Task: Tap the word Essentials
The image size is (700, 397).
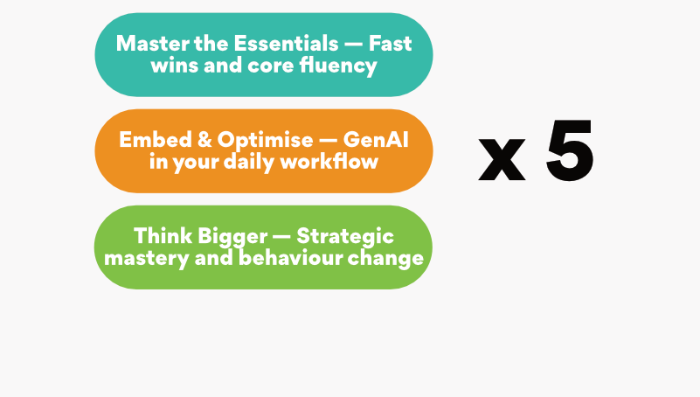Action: tap(286, 44)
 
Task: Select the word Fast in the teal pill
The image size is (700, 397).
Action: tap(390, 44)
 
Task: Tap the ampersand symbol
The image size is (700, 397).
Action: tap(204, 140)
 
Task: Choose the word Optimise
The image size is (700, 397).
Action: tap(265, 141)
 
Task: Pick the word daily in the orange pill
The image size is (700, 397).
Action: tap(249, 162)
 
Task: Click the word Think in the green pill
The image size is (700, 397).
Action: tap(162, 236)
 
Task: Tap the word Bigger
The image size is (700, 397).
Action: tap(232, 237)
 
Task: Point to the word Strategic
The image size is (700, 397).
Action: tap(345, 237)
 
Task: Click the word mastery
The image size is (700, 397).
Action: tap(147, 259)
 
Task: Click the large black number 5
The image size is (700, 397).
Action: tap(570, 151)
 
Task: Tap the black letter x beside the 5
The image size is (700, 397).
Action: tap(502, 159)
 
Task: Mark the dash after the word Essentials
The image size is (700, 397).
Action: tap(354, 45)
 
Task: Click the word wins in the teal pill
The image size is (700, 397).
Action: tap(175, 66)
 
